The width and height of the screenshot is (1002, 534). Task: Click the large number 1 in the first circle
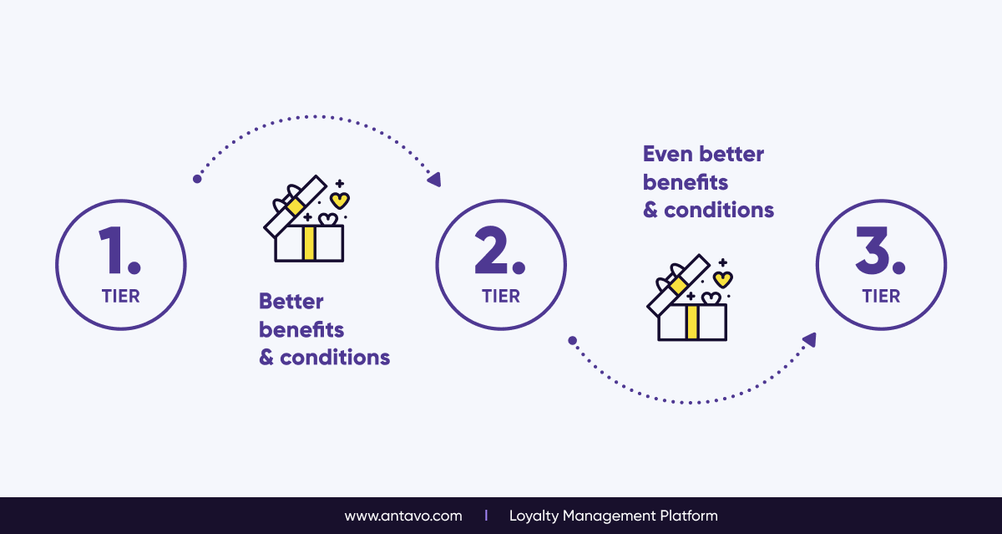click(x=111, y=250)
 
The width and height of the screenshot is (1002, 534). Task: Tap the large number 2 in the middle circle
click(x=491, y=250)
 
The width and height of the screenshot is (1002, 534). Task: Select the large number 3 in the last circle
click(x=873, y=250)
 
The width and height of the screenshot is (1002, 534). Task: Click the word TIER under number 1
click(x=121, y=297)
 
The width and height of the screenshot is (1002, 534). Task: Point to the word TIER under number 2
click(x=501, y=297)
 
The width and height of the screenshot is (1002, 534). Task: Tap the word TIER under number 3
click(x=881, y=297)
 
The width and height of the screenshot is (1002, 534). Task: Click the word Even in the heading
click(x=668, y=154)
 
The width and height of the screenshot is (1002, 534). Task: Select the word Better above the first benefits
click(x=291, y=301)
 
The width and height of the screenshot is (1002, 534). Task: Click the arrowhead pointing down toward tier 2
click(x=435, y=180)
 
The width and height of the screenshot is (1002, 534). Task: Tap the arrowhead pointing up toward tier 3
click(x=810, y=340)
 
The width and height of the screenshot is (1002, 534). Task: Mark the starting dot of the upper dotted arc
click(x=197, y=179)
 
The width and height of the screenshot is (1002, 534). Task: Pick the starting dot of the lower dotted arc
click(x=572, y=341)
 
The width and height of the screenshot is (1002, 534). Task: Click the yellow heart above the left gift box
click(x=340, y=201)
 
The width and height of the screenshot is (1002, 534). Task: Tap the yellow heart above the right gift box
click(x=723, y=280)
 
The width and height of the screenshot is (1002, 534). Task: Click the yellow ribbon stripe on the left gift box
click(x=309, y=243)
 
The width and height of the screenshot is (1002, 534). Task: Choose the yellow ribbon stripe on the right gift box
click(x=692, y=322)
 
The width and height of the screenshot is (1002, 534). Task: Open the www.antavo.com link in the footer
click(x=403, y=516)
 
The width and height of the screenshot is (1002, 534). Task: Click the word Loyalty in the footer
click(x=534, y=516)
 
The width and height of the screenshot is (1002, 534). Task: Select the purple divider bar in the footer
click(x=486, y=516)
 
